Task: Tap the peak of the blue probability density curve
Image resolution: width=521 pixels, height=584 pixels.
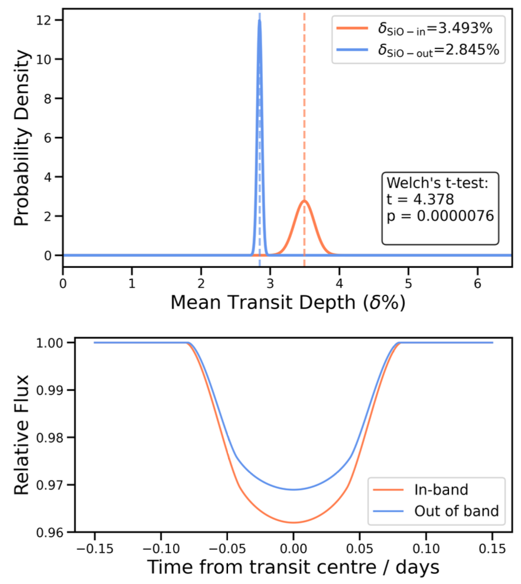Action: (x=259, y=21)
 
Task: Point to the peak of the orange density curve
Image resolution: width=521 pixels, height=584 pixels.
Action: (x=304, y=201)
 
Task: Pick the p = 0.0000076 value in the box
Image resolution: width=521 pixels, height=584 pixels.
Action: (x=439, y=216)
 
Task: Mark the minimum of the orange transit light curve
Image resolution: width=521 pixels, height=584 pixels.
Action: (x=293, y=522)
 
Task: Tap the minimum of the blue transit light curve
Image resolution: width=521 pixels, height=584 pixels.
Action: (x=293, y=490)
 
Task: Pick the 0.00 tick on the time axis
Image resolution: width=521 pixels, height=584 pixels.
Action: (x=293, y=548)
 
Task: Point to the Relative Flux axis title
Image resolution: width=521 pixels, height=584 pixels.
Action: (x=22, y=437)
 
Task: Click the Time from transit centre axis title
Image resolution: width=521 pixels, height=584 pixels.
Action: (x=293, y=568)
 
